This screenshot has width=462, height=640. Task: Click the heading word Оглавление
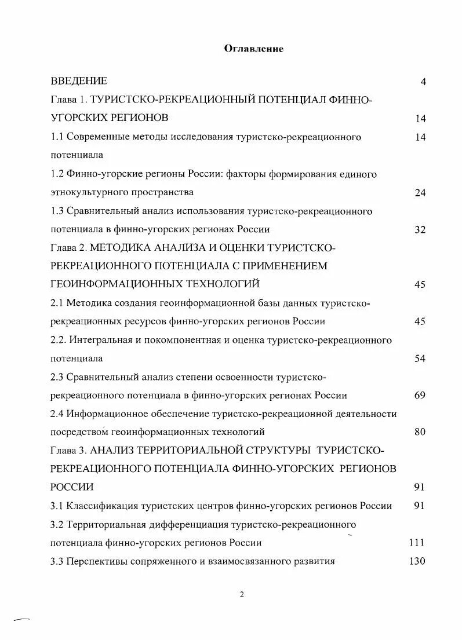click(x=254, y=49)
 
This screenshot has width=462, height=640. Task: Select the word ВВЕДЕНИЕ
click(x=79, y=81)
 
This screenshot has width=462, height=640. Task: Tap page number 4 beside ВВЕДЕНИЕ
click(x=423, y=82)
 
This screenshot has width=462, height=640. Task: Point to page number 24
click(x=420, y=193)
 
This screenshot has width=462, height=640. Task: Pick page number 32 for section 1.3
click(x=420, y=229)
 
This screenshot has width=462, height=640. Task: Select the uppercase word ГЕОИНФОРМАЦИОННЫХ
click(x=114, y=284)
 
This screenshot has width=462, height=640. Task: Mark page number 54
click(x=420, y=359)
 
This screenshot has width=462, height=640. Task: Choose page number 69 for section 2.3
click(x=420, y=396)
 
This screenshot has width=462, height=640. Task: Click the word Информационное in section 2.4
click(x=102, y=414)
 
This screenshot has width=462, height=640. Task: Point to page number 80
click(x=420, y=432)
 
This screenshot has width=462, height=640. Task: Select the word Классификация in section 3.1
click(x=102, y=506)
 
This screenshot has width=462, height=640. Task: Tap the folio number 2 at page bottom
click(x=242, y=595)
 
